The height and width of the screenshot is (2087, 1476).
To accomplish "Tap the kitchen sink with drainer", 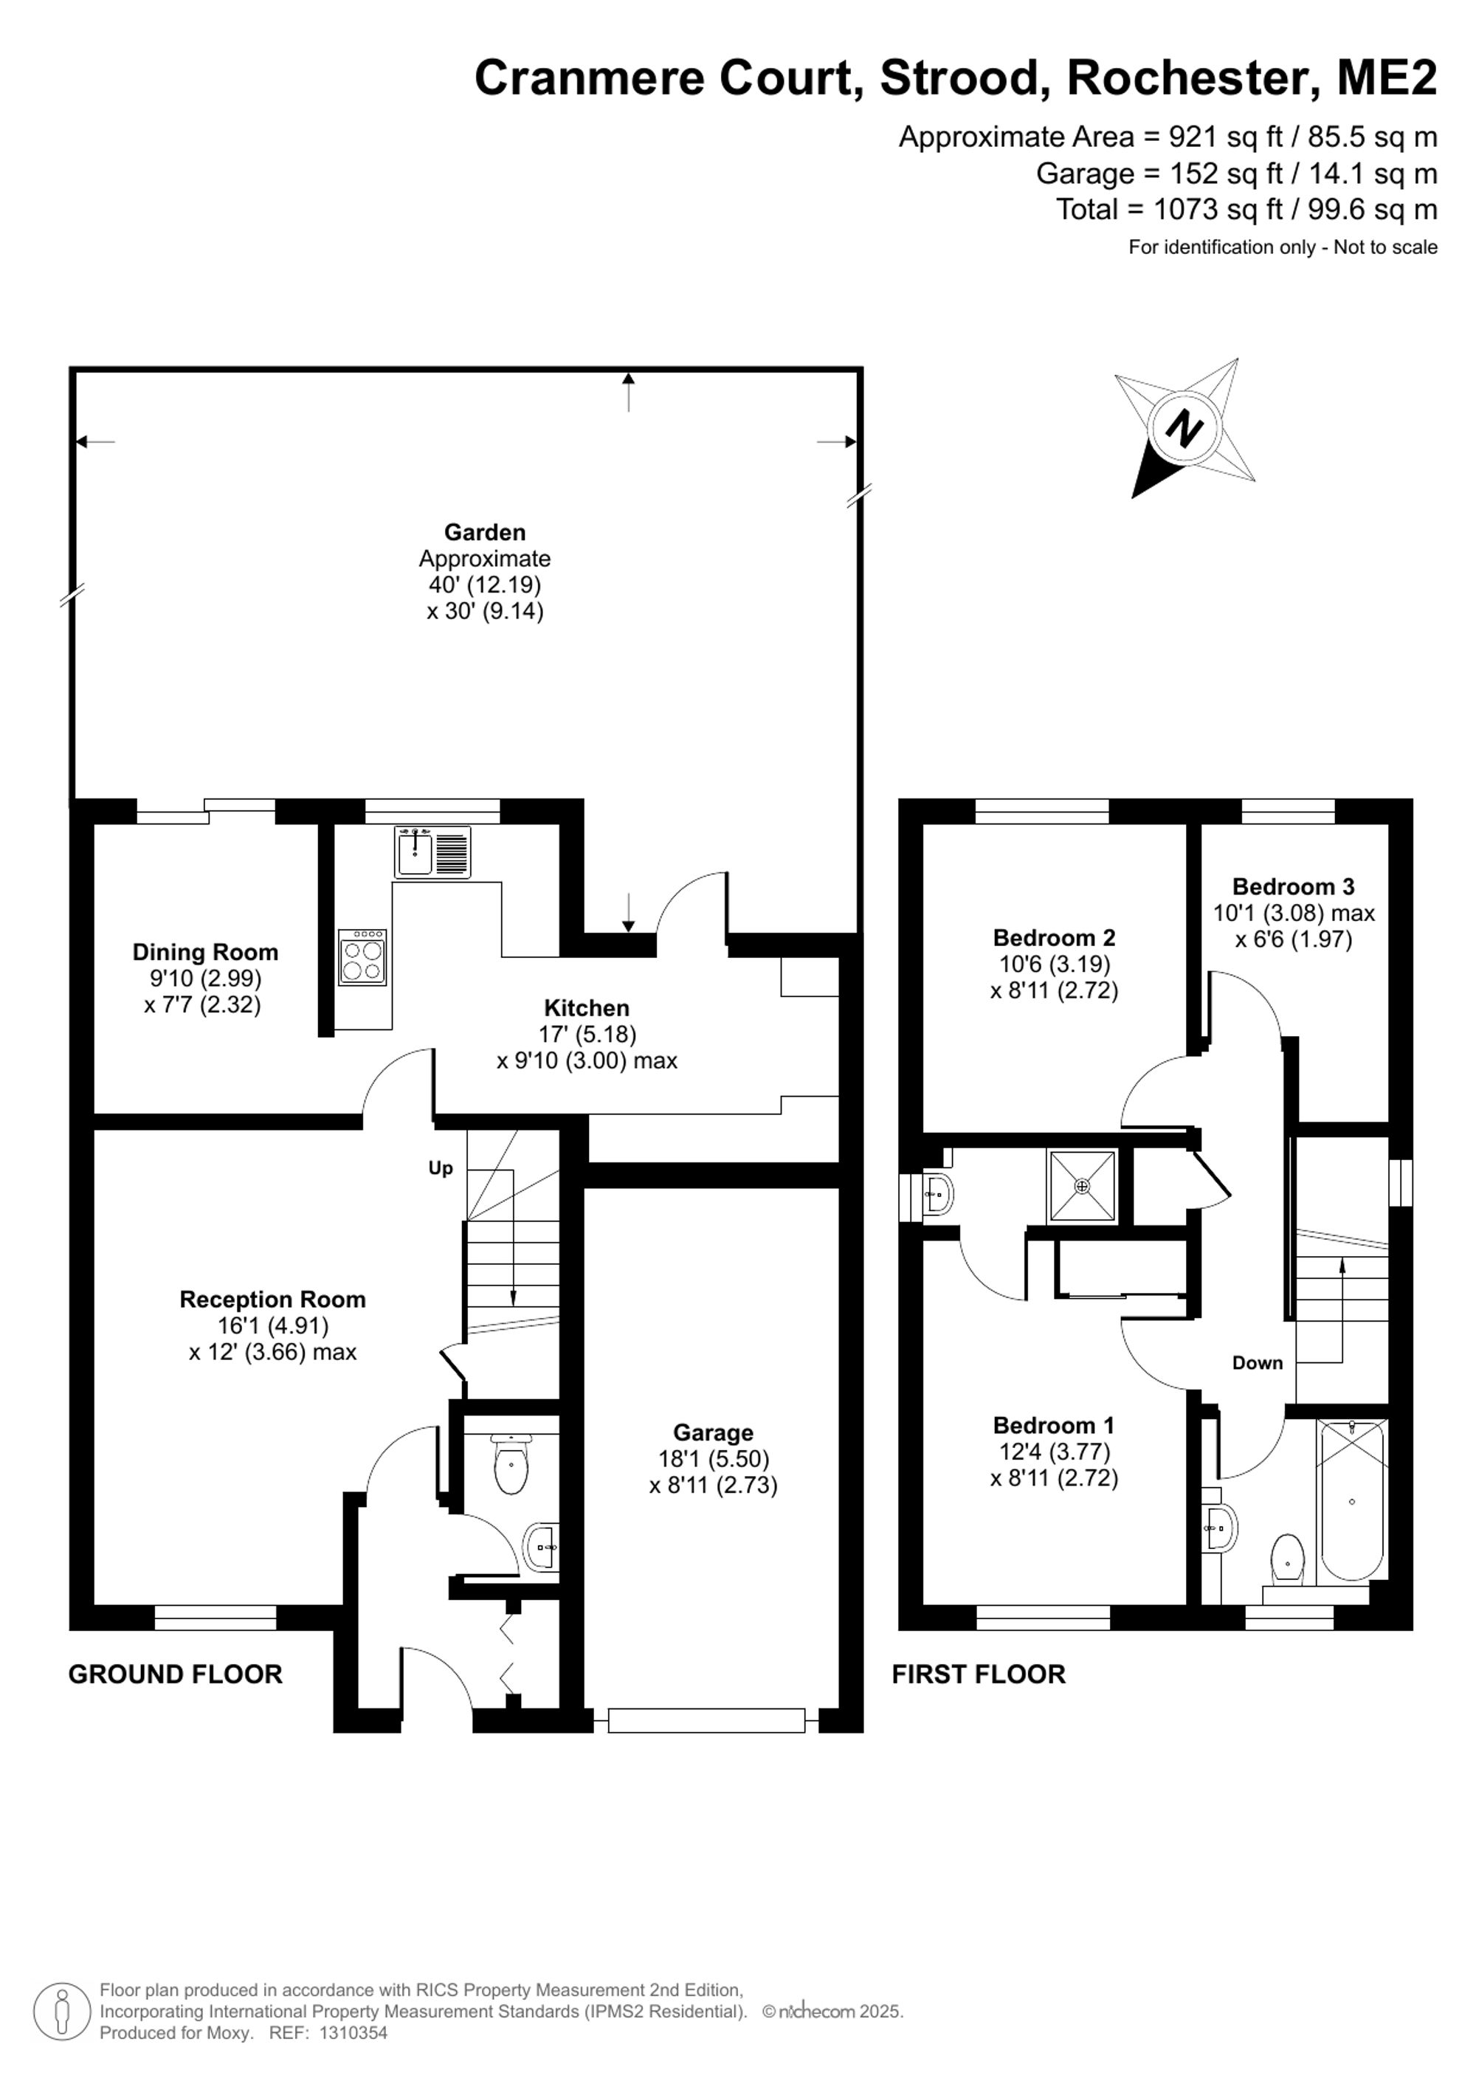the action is (x=432, y=852).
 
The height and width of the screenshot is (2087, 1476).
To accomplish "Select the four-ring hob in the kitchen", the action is (x=362, y=957).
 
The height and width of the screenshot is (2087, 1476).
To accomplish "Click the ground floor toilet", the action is (x=511, y=1463).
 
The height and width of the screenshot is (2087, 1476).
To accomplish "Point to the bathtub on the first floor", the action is (x=1353, y=1501).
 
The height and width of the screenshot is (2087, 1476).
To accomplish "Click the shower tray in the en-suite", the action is (x=1082, y=1186).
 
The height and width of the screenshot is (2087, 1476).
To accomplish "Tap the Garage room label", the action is (x=714, y=1433).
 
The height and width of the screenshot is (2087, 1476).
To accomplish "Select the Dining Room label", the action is (x=205, y=953).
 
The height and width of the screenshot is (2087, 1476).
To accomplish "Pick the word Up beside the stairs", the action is (x=441, y=1168).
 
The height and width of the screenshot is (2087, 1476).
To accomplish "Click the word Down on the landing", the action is (x=1258, y=1362).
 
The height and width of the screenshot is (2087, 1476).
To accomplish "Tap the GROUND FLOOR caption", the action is (x=176, y=1674).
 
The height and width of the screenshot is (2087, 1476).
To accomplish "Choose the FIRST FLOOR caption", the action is (x=979, y=1674).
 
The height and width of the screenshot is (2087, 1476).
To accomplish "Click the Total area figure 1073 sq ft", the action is (x=1218, y=209).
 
